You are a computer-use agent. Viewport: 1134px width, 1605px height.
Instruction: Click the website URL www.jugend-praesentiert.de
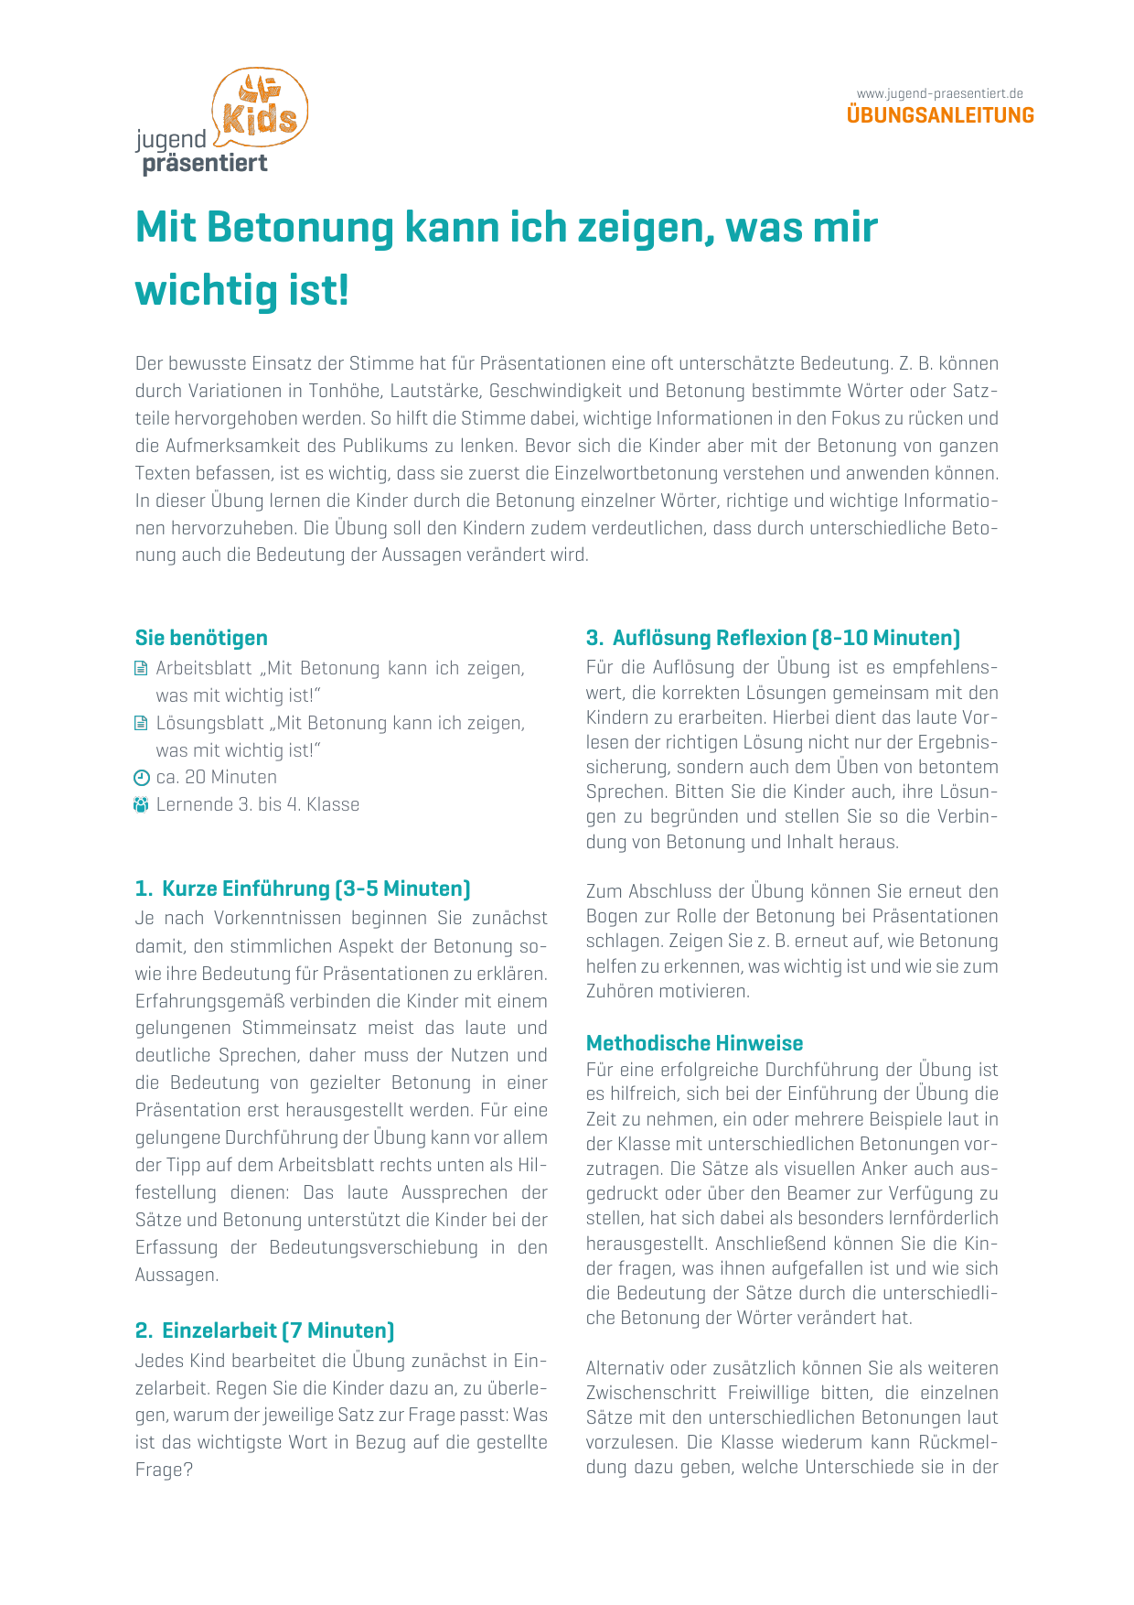pos(939,93)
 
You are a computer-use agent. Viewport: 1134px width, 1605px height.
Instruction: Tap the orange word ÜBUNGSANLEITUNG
pos(940,115)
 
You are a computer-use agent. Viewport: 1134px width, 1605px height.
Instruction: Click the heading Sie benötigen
pos(201,638)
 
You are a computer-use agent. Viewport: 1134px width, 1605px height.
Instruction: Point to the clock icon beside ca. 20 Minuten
pos(141,778)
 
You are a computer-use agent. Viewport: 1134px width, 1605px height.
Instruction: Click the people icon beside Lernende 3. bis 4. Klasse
pos(141,805)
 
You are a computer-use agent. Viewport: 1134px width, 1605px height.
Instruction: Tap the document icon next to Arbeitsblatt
pos(141,669)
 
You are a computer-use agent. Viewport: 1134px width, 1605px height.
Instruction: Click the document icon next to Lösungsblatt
pos(141,724)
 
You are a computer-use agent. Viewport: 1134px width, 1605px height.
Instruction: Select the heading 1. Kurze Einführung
pos(303,889)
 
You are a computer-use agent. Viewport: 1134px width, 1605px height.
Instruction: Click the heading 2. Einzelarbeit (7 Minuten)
pos(264,1330)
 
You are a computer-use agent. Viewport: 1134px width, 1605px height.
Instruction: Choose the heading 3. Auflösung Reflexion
pos(773,638)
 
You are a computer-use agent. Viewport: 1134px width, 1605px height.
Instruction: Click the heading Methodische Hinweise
pos(694,1043)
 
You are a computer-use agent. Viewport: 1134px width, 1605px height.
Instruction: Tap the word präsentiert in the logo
pos(205,164)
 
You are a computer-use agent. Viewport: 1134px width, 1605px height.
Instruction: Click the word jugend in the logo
pos(171,140)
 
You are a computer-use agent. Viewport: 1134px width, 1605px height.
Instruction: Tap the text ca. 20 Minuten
pos(216,778)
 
